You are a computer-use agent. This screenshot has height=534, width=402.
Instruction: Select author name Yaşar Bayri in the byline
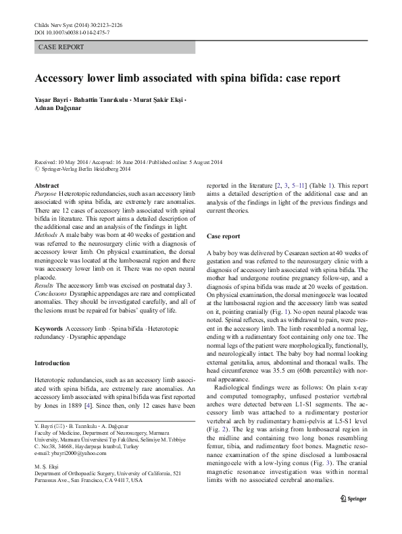tap(52, 101)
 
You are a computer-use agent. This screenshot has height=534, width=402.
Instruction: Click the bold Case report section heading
tap(223, 236)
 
